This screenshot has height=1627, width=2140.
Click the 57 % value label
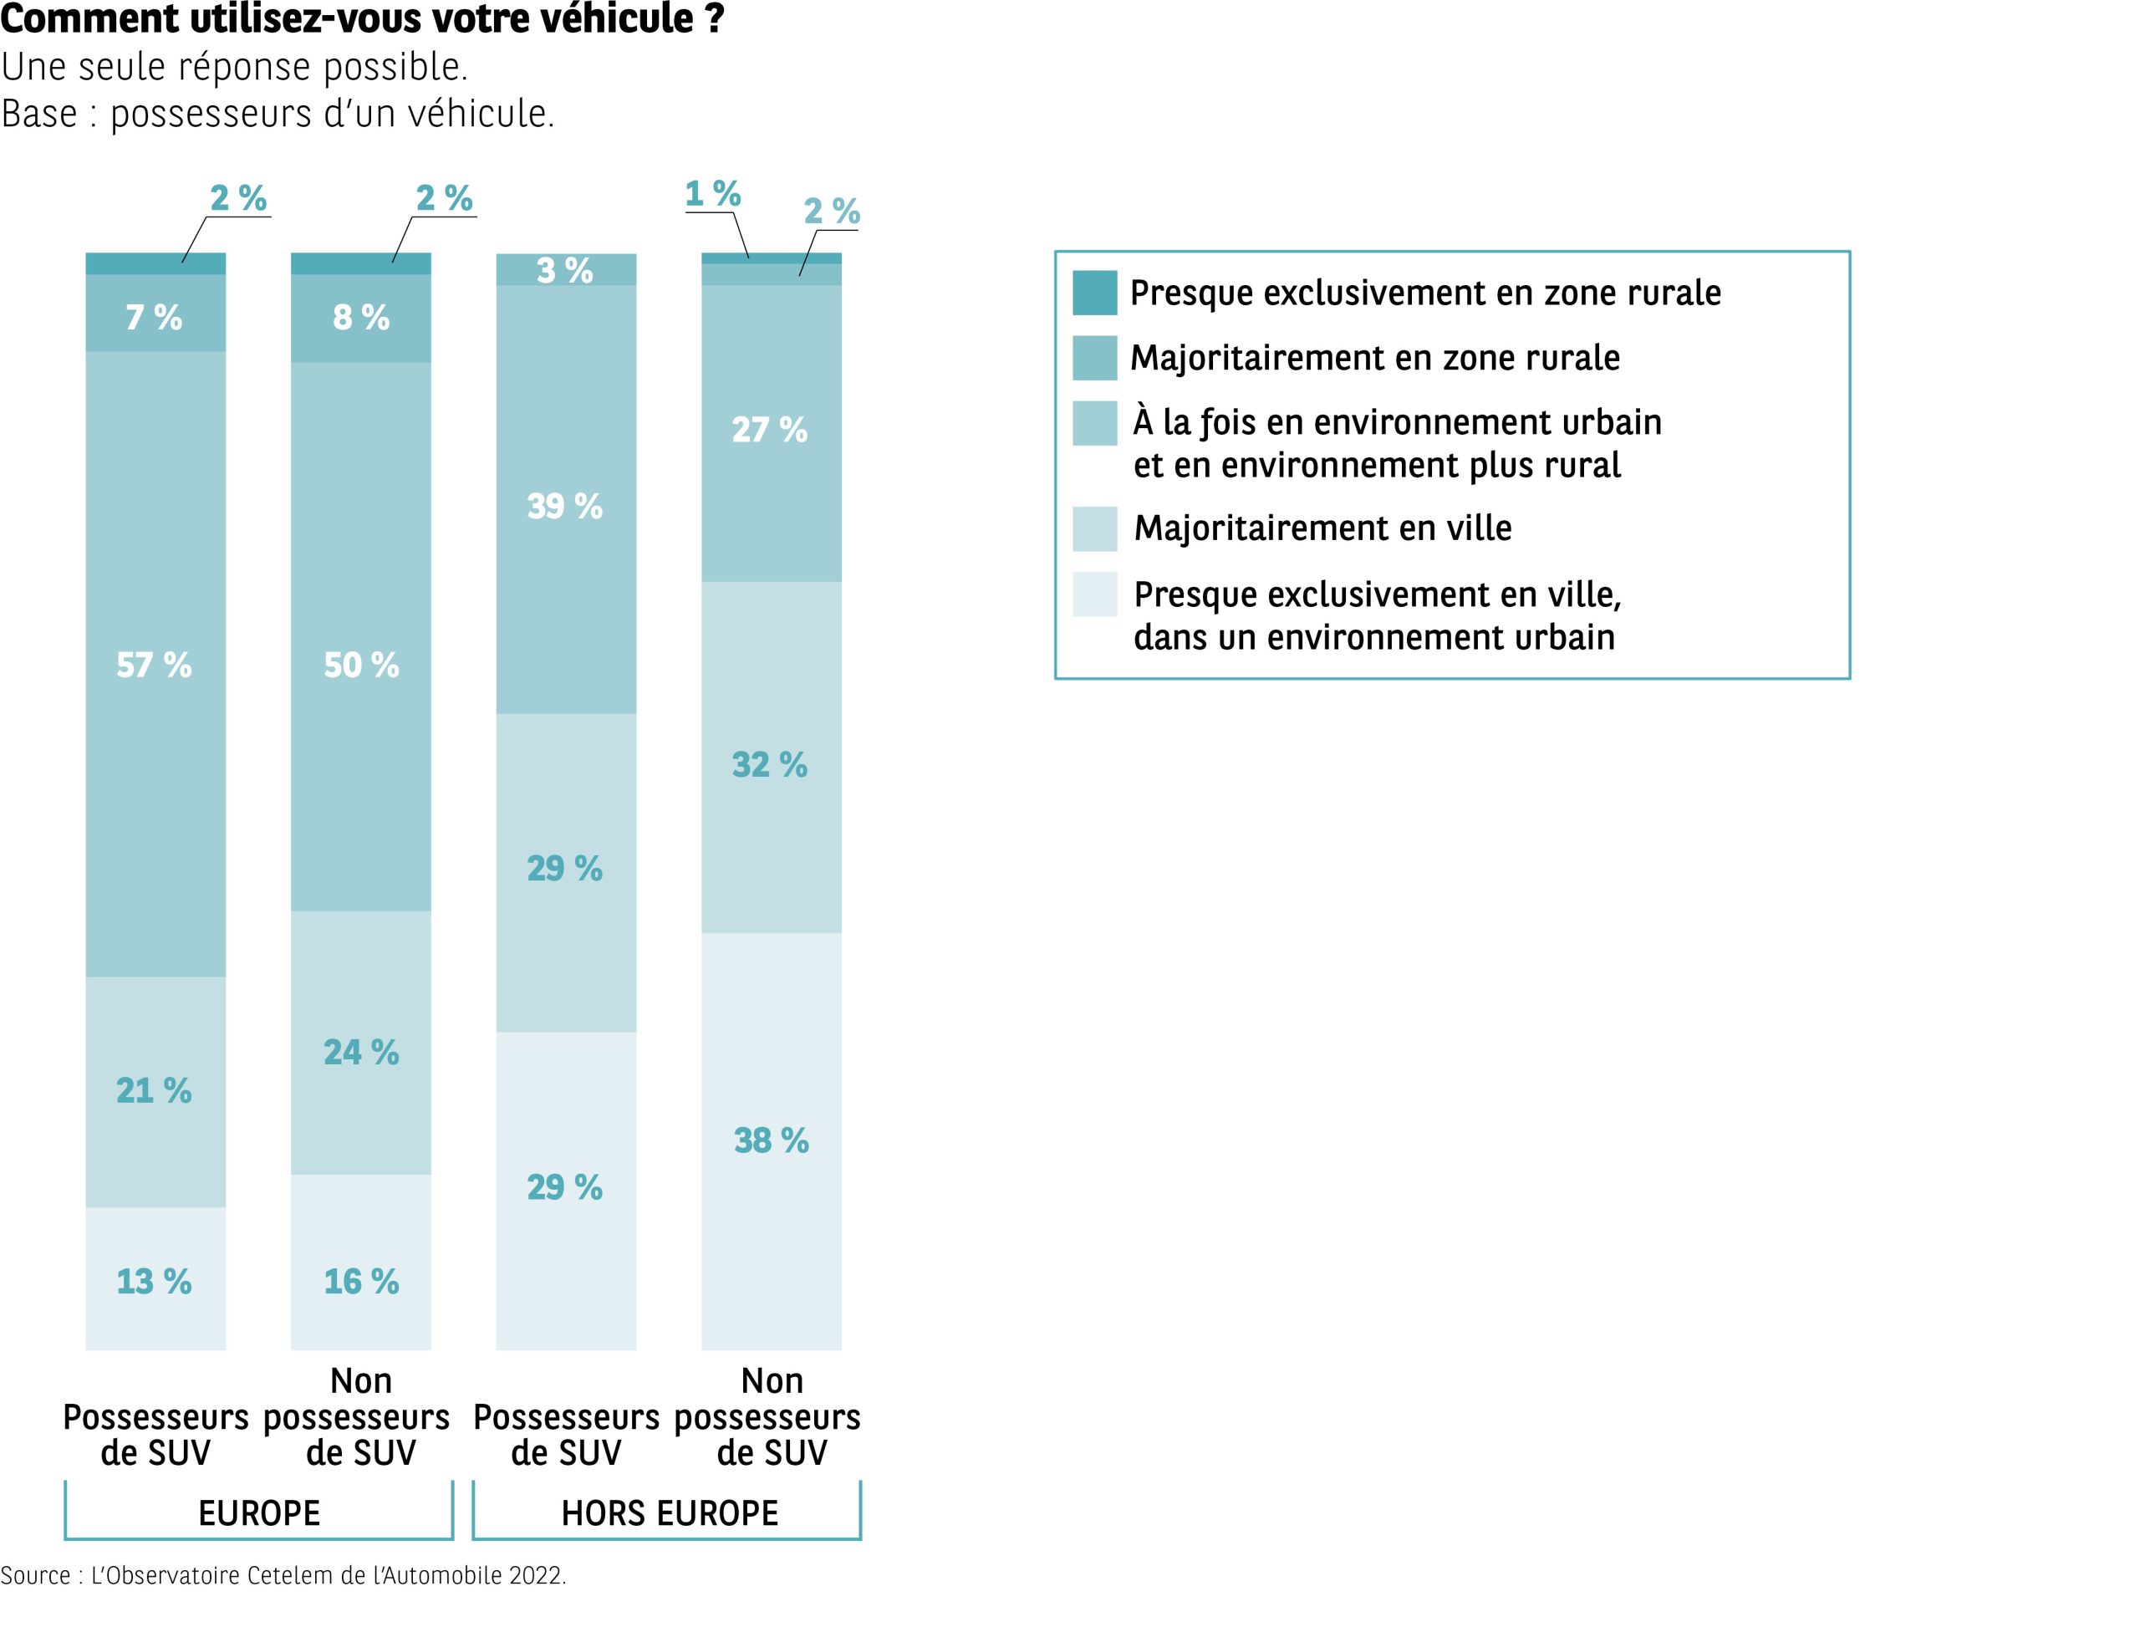(x=154, y=666)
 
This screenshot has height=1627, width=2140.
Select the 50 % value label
(x=361, y=666)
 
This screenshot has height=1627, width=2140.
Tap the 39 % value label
(x=564, y=507)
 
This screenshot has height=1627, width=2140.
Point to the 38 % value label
(x=771, y=1141)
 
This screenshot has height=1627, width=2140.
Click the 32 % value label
(x=770, y=765)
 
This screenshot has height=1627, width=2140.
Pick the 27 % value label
(x=770, y=430)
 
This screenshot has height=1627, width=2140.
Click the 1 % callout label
(x=713, y=195)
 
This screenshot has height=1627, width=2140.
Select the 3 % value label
(x=564, y=271)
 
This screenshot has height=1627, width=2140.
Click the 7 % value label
(x=154, y=318)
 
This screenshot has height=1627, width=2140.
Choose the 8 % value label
(x=361, y=318)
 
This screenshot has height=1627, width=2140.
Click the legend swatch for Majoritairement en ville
(x=1094, y=528)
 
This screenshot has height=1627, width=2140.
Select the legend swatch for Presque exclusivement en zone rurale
(x=1094, y=293)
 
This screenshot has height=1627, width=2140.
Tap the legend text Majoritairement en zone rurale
(x=1374, y=359)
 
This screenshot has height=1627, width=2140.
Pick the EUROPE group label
(x=258, y=1512)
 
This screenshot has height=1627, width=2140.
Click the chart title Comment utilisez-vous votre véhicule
(x=362, y=19)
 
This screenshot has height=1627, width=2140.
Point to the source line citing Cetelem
(x=283, y=1576)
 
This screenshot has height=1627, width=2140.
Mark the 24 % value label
(x=361, y=1053)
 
